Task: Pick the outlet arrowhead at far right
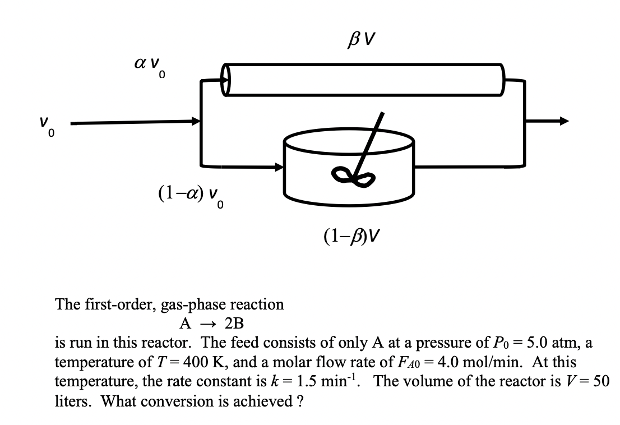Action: (x=563, y=121)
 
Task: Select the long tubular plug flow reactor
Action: (x=364, y=79)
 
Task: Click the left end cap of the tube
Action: (x=226, y=79)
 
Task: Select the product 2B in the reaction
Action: (x=234, y=324)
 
